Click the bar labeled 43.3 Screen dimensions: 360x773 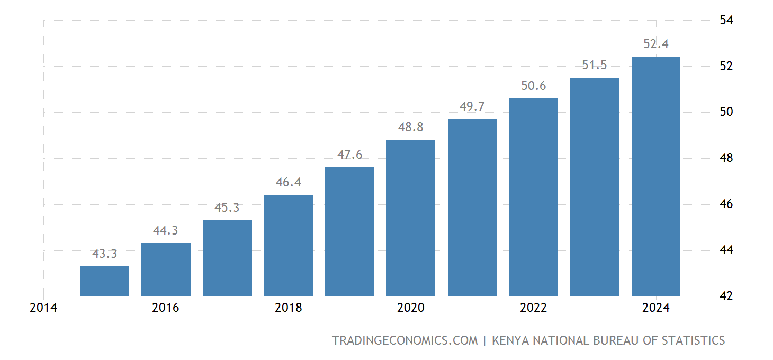click(x=104, y=281)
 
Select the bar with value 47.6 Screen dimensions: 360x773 click(x=349, y=231)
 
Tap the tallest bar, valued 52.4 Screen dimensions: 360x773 click(x=655, y=176)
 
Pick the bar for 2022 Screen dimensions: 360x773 click(x=533, y=197)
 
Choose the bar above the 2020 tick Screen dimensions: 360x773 click(x=411, y=218)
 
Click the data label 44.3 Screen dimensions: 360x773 click(x=166, y=231)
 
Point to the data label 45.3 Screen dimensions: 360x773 click(x=227, y=208)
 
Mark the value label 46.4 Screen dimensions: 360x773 click(x=289, y=183)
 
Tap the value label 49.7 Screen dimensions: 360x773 click(x=472, y=107)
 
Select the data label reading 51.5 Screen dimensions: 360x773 click(x=595, y=66)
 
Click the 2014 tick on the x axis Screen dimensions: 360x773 click(x=43, y=308)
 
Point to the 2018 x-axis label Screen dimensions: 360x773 click(x=289, y=308)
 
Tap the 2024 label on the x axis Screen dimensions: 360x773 click(x=655, y=308)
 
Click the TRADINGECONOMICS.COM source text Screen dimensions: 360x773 click(x=405, y=340)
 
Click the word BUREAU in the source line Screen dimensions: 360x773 click(x=609, y=340)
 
